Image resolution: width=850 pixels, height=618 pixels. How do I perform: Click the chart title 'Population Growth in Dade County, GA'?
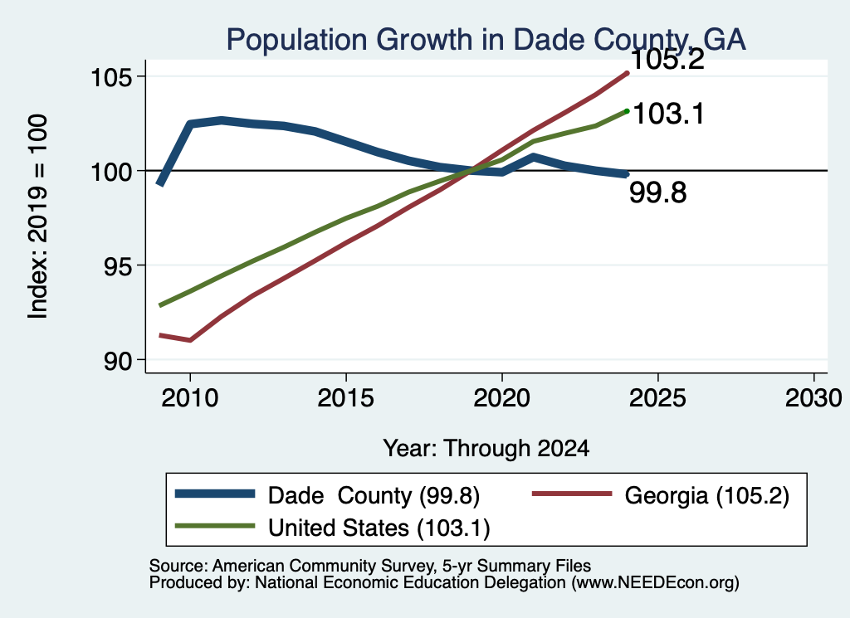[x=486, y=40]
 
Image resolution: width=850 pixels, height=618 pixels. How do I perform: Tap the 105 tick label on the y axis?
[x=111, y=77]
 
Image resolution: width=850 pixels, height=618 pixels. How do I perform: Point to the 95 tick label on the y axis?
[x=118, y=266]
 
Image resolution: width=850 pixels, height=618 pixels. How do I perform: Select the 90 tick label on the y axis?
[x=118, y=361]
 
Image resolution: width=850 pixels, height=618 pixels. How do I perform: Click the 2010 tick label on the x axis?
[x=190, y=398]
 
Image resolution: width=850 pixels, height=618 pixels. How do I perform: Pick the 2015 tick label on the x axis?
[x=346, y=398]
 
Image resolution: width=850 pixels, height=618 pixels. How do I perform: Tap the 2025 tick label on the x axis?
[x=657, y=398]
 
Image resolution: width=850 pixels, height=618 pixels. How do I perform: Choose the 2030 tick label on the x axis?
[x=813, y=398]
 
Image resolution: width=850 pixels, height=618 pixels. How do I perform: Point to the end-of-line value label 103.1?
[x=668, y=114]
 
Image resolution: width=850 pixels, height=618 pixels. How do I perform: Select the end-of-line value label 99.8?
[x=657, y=192]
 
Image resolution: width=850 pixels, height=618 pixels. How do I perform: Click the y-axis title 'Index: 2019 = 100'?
[x=38, y=217]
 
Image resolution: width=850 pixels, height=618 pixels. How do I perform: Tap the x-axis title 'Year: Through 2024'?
[x=486, y=449]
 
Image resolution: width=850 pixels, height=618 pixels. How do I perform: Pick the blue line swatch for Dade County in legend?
[x=215, y=494]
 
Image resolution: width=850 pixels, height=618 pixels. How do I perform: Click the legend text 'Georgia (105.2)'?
[x=707, y=495]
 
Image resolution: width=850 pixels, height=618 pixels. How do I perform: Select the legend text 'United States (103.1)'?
[x=379, y=528]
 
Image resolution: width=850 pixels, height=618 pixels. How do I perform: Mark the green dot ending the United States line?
[x=628, y=111]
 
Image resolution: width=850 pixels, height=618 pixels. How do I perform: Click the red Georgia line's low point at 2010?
[x=190, y=340]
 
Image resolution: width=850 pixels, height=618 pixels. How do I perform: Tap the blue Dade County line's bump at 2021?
[x=534, y=158]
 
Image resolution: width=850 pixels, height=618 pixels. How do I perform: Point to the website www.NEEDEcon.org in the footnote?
[x=654, y=583]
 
